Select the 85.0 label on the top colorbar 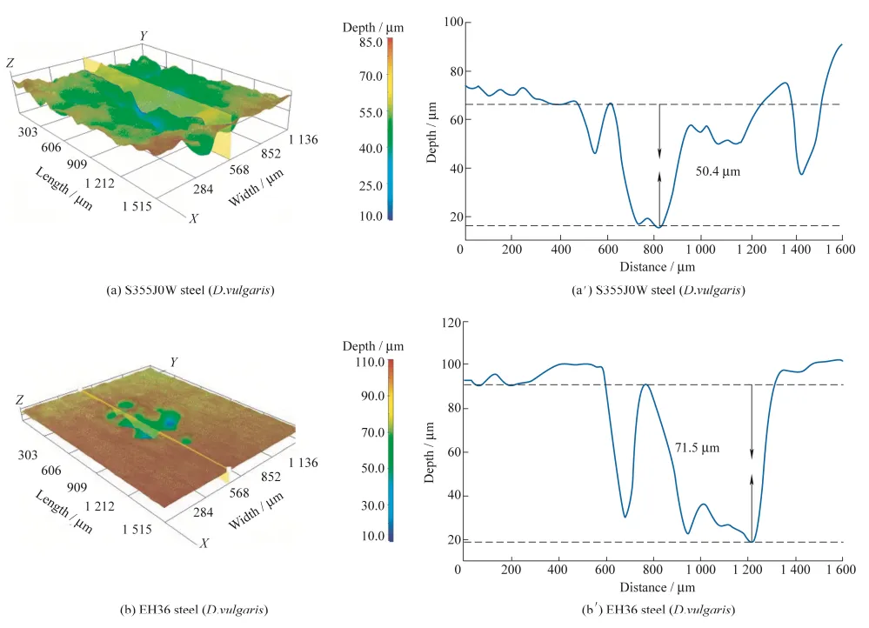click(x=372, y=42)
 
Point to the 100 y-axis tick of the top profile click(x=450, y=23)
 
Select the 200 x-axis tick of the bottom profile click(x=511, y=569)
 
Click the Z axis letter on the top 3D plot click(x=10, y=63)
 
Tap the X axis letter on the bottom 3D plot click(x=204, y=543)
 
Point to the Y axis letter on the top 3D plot click(x=144, y=35)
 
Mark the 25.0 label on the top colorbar click(x=372, y=186)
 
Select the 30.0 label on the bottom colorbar click(x=372, y=505)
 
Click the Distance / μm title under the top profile click(x=658, y=265)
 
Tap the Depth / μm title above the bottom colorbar click(x=372, y=348)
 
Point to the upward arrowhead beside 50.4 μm click(x=659, y=176)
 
